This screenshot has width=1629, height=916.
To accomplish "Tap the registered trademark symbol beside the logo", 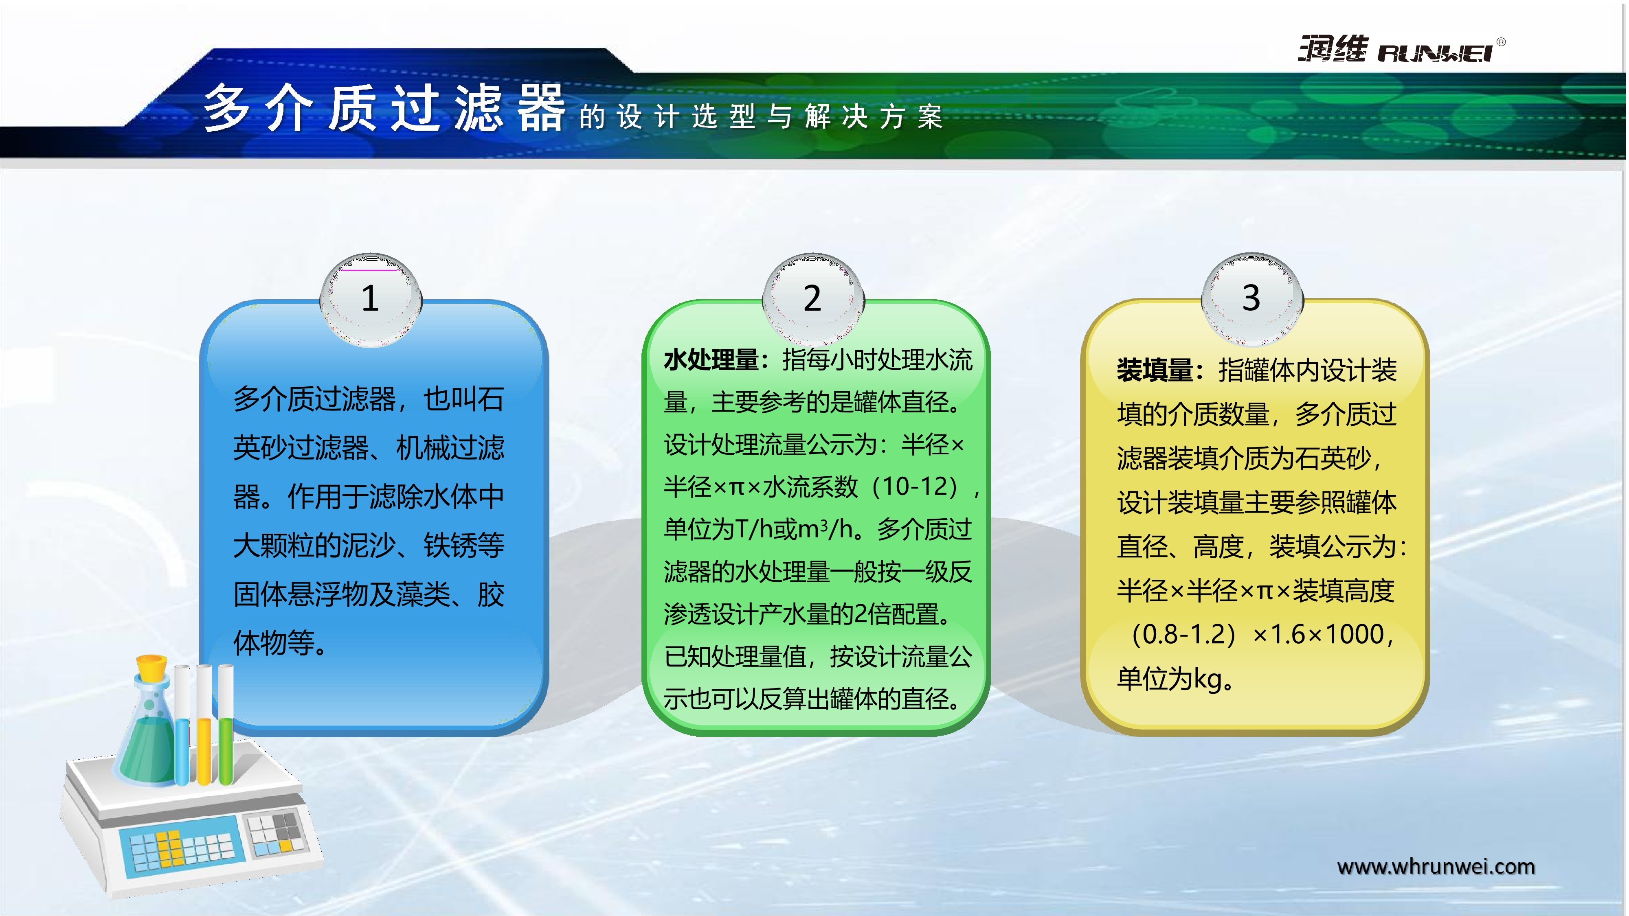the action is point(1501,42).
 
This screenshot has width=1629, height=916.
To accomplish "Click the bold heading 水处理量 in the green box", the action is point(711,360).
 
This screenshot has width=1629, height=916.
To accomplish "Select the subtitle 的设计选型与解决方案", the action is point(761,117).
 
